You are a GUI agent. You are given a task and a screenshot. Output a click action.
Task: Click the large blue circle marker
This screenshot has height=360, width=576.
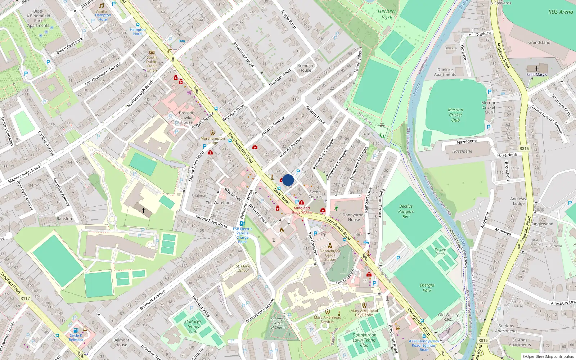click(x=288, y=180)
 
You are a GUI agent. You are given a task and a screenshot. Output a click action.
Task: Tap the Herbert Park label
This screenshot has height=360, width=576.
click(x=387, y=14)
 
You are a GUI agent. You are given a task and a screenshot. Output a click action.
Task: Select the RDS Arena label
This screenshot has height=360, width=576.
click(x=561, y=12)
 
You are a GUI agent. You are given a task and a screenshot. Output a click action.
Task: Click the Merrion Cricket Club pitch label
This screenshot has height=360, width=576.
click(x=455, y=115)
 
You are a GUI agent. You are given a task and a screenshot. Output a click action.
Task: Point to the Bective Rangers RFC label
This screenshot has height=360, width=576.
click(x=406, y=211)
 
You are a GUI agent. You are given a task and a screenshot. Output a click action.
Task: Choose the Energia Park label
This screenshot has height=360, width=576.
click(x=427, y=287)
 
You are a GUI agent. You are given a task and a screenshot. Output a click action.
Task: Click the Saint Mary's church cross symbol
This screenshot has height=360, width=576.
click(x=536, y=68)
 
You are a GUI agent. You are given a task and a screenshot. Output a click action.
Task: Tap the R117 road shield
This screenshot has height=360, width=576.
click(x=25, y=298)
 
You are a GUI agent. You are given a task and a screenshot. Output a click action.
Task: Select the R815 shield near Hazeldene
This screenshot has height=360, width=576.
click(x=524, y=148)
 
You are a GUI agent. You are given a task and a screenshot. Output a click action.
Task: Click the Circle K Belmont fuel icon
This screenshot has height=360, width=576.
click(x=76, y=330)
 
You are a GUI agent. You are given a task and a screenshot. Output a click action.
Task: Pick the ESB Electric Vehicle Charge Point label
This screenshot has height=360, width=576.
click(x=242, y=235)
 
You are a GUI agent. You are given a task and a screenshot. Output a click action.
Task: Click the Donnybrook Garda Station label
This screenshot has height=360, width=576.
click(x=330, y=255)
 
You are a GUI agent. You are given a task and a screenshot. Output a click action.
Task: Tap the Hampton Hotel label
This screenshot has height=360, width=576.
click(x=138, y=32)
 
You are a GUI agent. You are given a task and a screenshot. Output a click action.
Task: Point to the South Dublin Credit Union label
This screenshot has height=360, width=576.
click(x=152, y=64)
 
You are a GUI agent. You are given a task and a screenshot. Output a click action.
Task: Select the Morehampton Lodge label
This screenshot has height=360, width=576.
click(x=212, y=140)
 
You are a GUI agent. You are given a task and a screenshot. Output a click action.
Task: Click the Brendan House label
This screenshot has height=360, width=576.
click(x=305, y=68)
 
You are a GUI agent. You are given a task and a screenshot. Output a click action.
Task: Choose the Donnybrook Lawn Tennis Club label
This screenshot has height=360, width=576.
click(x=364, y=340)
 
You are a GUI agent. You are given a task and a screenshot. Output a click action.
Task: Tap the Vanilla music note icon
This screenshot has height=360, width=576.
click(x=101, y=6)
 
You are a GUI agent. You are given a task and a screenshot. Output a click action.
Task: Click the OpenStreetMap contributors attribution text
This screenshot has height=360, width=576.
click(x=548, y=356)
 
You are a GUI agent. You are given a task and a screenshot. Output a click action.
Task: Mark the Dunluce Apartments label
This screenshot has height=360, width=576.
click(x=445, y=72)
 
